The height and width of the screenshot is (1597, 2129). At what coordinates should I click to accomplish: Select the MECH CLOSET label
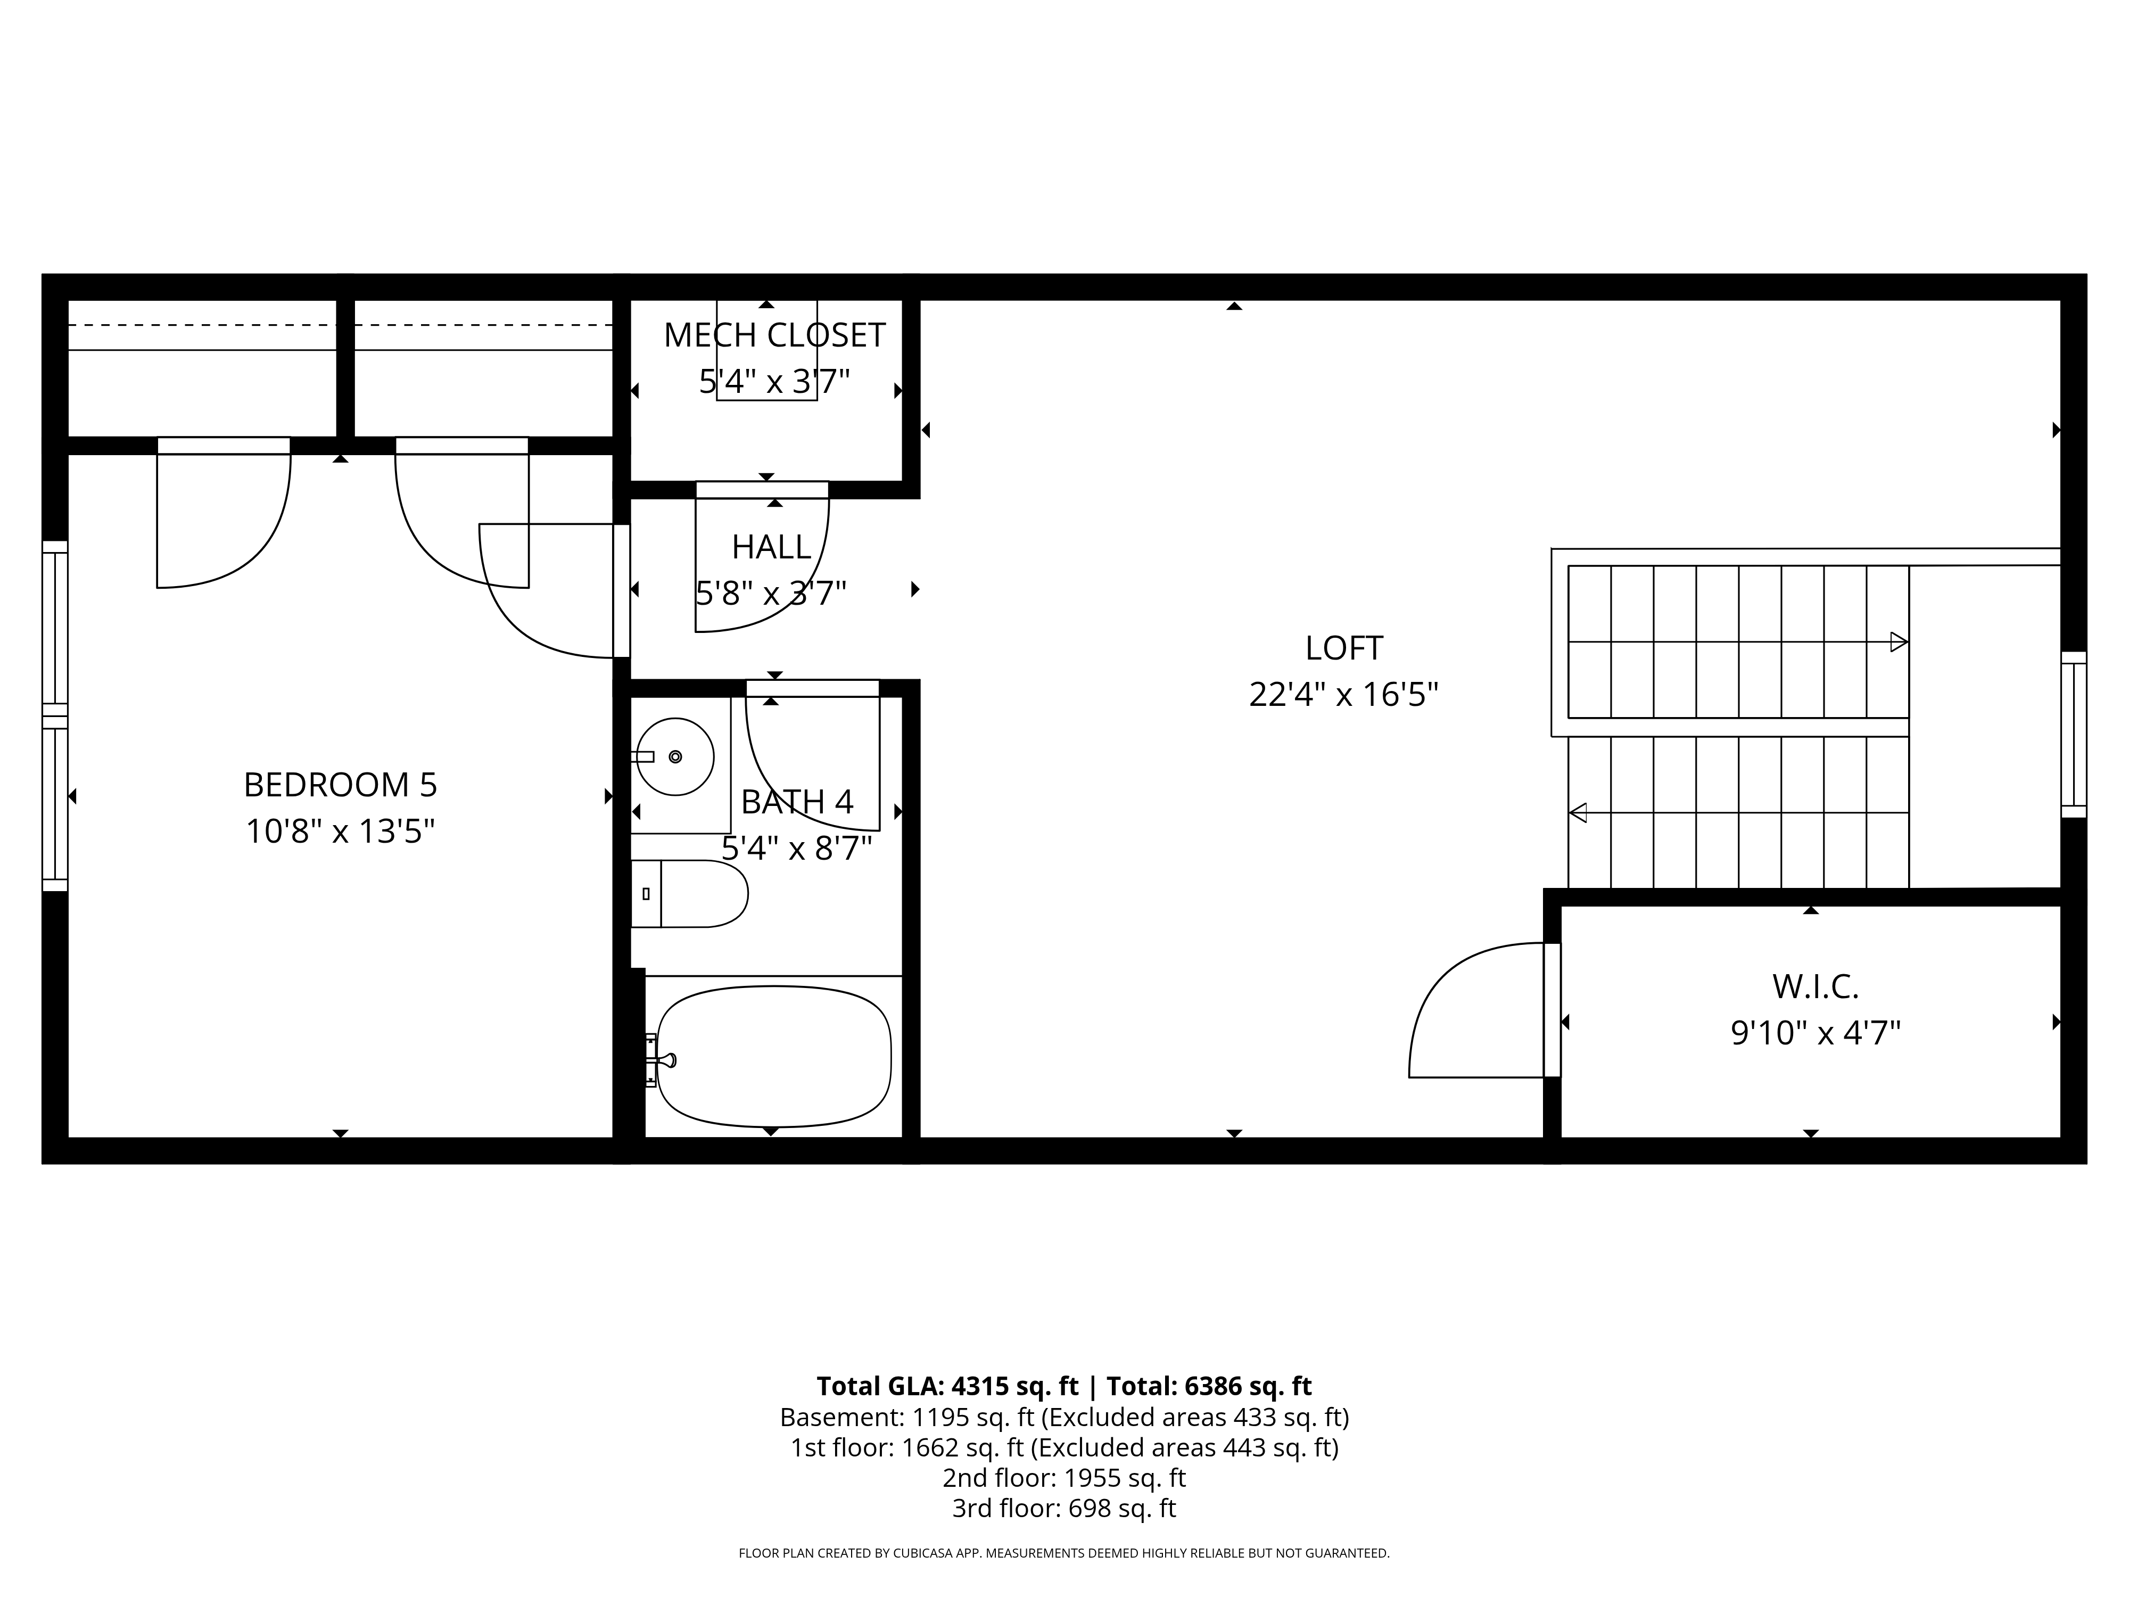[x=774, y=335]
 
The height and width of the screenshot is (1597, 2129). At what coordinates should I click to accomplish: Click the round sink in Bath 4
[x=675, y=756]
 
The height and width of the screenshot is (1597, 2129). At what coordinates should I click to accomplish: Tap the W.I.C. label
[x=1815, y=987]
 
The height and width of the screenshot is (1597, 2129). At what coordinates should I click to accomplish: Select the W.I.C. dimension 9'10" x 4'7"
[x=1815, y=1033]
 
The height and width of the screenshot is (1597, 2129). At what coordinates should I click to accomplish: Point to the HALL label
[x=771, y=547]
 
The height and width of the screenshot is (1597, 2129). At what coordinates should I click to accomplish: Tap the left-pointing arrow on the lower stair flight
[x=1579, y=812]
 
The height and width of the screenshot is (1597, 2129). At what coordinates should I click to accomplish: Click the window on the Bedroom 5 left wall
[x=55, y=715]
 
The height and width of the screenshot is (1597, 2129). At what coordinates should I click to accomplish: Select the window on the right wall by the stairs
[x=2073, y=735]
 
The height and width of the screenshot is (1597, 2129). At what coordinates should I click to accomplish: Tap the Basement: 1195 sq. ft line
[x=1063, y=1417]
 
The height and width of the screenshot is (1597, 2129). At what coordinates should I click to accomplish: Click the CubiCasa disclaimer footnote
[x=1063, y=1553]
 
